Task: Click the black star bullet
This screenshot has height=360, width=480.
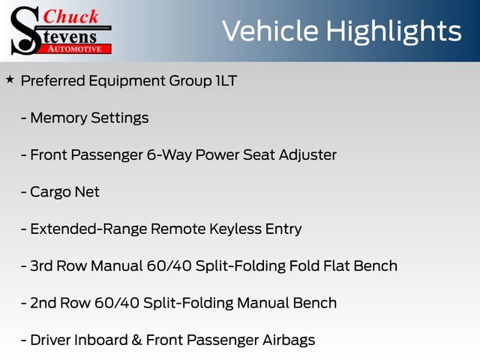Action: pyautogui.click(x=10, y=80)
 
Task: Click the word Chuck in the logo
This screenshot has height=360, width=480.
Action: pyautogui.click(x=70, y=16)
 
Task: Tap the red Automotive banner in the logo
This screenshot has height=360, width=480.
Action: pyautogui.click(x=75, y=49)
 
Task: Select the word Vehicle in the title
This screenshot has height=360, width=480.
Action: pyautogui.click(x=270, y=31)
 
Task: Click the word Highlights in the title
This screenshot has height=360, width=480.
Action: pyautogui.click(x=394, y=31)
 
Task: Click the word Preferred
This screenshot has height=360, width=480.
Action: pyautogui.click(x=53, y=81)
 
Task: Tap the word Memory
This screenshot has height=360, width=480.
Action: pyautogui.click(x=58, y=118)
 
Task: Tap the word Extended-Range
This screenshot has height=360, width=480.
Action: pyautogui.click(x=88, y=229)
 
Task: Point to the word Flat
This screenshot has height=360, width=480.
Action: pyautogui.click(x=337, y=265)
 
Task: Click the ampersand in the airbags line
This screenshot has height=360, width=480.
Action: pyautogui.click(x=136, y=340)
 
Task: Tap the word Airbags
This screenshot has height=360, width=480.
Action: pyautogui.click(x=289, y=340)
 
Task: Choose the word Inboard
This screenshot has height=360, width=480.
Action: pyautogui.click(x=101, y=340)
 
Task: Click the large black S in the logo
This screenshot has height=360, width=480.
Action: pyautogui.click(x=25, y=31)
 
